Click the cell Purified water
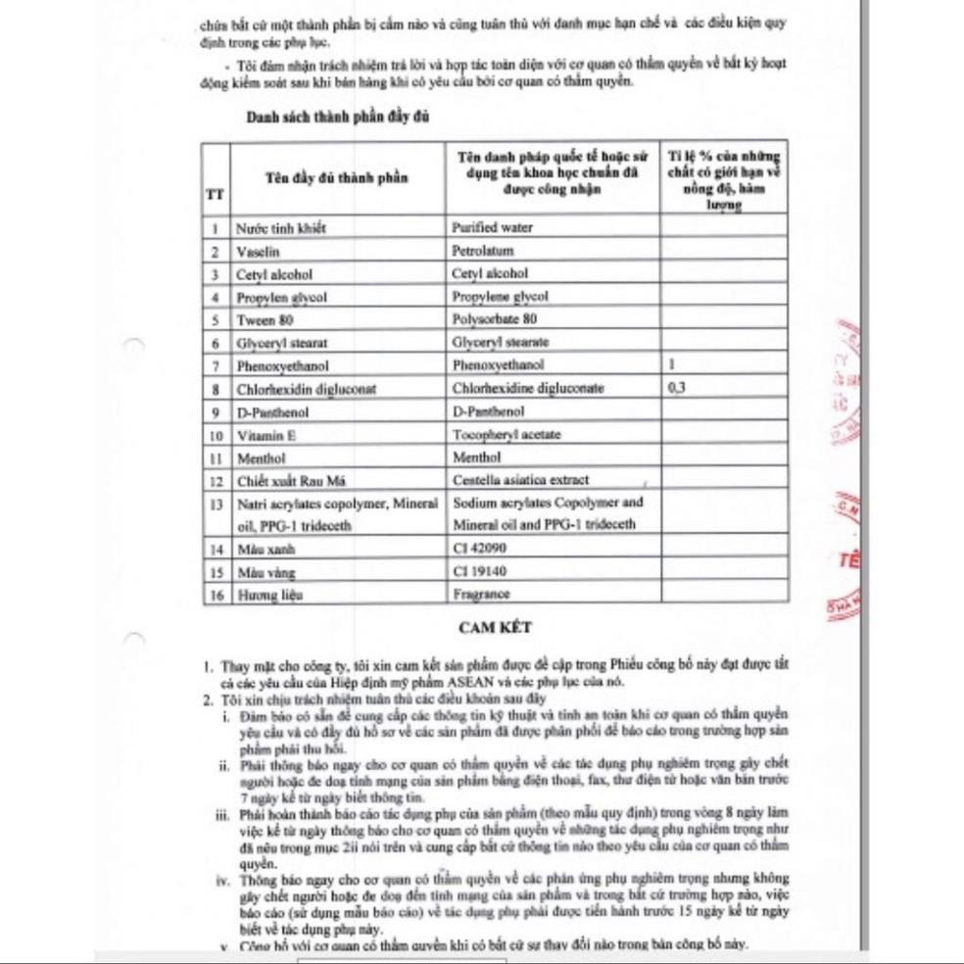point(492,227)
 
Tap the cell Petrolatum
point(483,251)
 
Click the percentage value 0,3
point(676,388)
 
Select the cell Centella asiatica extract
point(520,480)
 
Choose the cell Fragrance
point(481,594)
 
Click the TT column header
point(214,193)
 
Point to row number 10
point(214,434)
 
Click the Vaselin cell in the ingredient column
point(259,251)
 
